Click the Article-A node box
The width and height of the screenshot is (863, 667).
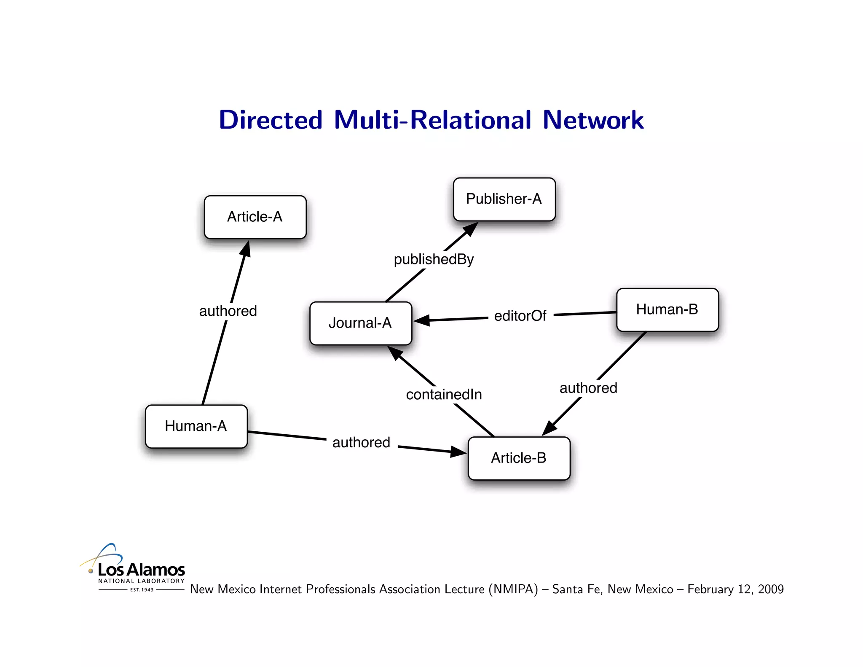pos(255,217)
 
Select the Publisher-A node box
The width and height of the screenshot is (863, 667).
pos(504,199)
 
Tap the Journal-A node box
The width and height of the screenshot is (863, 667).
pos(360,323)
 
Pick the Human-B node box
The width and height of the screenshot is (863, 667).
pos(667,309)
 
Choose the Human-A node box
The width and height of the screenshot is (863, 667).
pos(196,426)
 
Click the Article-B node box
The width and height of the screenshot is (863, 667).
pos(519,458)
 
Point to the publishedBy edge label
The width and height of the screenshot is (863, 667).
pos(434,259)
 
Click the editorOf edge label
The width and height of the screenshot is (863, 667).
pos(520,316)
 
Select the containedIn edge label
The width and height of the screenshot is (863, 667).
pos(444,395)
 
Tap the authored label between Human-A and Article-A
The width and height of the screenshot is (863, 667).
pos(228,311)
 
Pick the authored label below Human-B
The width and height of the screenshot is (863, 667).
pos(588,388)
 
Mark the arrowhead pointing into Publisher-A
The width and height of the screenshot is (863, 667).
pos(471,229)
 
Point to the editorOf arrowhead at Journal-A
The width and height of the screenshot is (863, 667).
pos(422,320)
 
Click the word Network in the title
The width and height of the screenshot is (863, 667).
pos(593,120)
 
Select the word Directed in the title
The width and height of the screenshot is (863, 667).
pos(271,120)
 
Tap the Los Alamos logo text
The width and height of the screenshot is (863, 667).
pos(141,570)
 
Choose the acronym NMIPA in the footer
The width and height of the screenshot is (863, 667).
pos(513,589)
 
